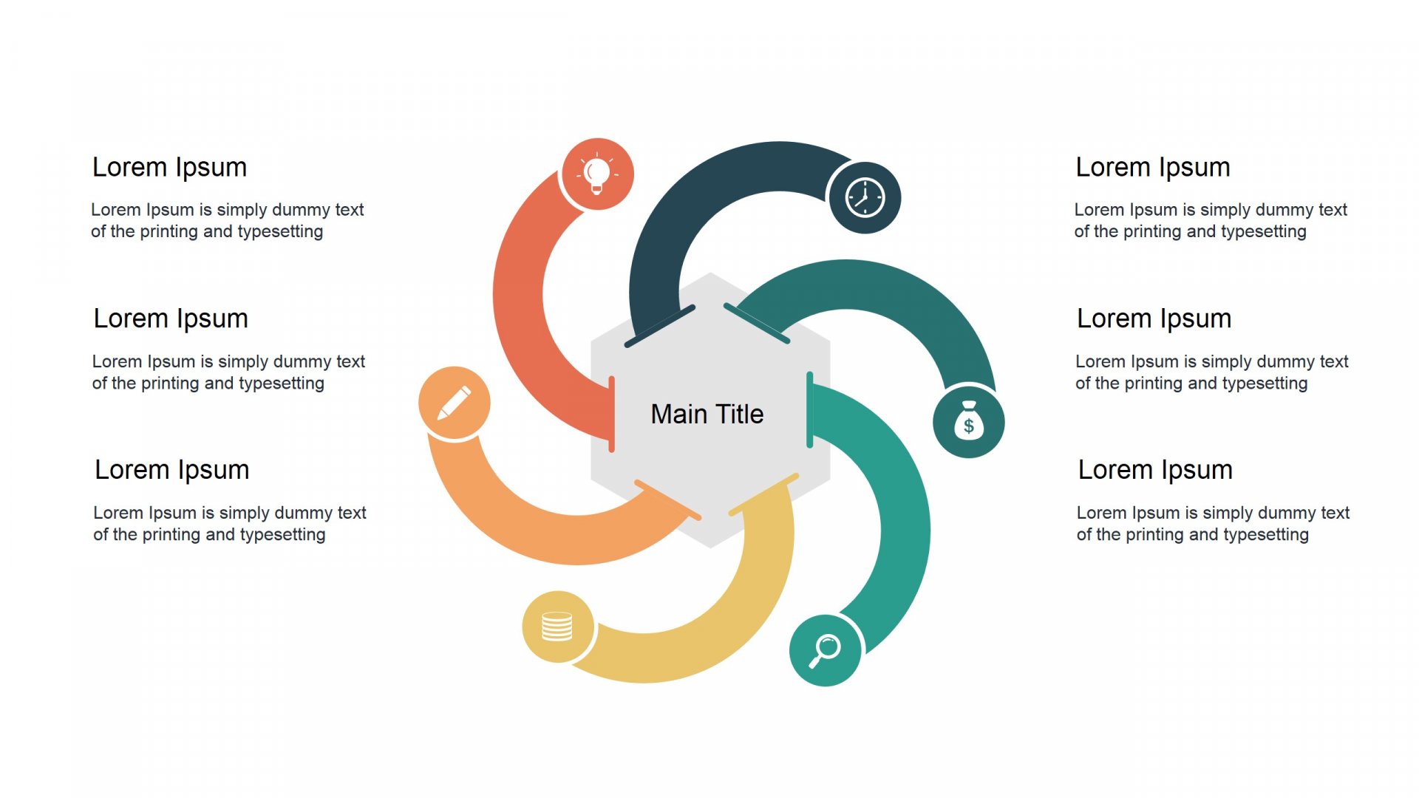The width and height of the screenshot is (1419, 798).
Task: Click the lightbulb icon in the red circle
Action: pos(597,174)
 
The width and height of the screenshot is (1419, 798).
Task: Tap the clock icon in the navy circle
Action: pos(865,198)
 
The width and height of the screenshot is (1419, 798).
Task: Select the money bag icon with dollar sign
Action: pos(969,420)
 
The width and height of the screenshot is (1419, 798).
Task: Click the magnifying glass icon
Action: pos(825,651)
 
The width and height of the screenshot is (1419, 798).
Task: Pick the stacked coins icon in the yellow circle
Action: pos(557,627)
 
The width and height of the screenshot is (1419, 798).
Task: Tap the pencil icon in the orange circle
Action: pos(454,403)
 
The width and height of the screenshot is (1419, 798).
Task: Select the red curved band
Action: pos(519,296)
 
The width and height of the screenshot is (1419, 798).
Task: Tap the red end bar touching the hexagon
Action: pos(611,414)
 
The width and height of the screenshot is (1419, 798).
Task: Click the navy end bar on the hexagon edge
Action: pos(660,326)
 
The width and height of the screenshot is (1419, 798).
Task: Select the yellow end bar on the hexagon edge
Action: pos(763,494)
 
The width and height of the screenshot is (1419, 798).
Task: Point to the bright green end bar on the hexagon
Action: pos(810,410)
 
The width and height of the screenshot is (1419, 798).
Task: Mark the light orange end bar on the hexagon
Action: pos(667,500)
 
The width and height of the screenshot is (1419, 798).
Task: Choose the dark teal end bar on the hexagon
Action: pos(757,324)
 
